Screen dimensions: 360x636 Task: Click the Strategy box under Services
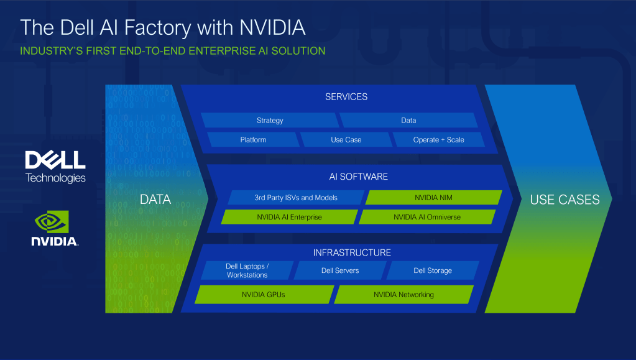[270, 121]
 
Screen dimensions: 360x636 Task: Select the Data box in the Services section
[408, 121]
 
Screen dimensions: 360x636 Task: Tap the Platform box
[253, 140]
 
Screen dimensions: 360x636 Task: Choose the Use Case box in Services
[346, 140]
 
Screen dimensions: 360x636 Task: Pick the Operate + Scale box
[438, 140]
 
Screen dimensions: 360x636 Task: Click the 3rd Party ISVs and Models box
[296, 198]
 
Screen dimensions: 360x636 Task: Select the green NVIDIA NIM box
[434, 198]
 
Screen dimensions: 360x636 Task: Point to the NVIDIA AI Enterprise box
[289, 217]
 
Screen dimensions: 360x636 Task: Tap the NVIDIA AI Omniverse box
[427, 217]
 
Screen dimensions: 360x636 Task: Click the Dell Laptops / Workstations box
[247, 270]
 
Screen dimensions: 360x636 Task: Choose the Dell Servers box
[340, 270]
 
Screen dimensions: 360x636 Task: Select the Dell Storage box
[433, 270]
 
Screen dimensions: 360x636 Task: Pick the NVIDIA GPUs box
[264, 295]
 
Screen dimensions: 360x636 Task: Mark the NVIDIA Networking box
[403, 295]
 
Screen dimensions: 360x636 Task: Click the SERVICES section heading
[346, 97]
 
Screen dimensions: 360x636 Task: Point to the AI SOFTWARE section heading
[358, 177]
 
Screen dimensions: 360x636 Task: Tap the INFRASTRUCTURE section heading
[352, 252]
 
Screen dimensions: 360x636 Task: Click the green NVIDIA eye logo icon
[54, 222]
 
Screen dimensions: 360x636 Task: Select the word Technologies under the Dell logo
[55, 178]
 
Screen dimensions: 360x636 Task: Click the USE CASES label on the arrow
[565, 200]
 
